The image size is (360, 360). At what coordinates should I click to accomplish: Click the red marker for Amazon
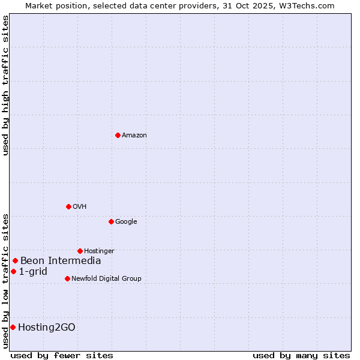pos(118,135)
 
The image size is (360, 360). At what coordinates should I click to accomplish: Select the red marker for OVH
pos(68,206)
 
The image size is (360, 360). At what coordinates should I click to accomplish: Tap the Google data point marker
pos(111,221)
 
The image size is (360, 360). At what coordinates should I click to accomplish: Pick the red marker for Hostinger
pos(80,251)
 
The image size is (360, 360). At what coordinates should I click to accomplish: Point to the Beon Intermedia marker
pos(15,260)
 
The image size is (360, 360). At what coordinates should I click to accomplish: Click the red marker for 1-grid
pos(13,271)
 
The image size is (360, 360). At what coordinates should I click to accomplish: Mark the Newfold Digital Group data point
pos(67,278)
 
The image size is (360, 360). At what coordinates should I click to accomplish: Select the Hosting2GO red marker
pos(13,327)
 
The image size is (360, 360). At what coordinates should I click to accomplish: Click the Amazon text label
pos(134,136)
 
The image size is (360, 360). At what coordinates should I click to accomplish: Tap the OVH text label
pos(80,207)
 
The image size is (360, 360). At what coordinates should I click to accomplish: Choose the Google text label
pos(126,222)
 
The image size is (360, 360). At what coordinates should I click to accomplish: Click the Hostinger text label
pos(99,251)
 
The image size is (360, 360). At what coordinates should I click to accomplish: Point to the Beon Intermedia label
pos(61,260)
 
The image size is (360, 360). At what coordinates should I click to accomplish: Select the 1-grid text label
pos(33,271)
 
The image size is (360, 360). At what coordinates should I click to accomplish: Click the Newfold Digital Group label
pos(106,278)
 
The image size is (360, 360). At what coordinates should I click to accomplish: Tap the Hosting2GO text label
pos(47,327)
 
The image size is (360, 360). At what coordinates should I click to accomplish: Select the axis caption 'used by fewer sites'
pos(62,355)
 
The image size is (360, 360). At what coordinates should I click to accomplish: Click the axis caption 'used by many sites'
pos(301,355)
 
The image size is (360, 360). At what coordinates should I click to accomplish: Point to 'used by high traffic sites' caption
pos(5,85)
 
